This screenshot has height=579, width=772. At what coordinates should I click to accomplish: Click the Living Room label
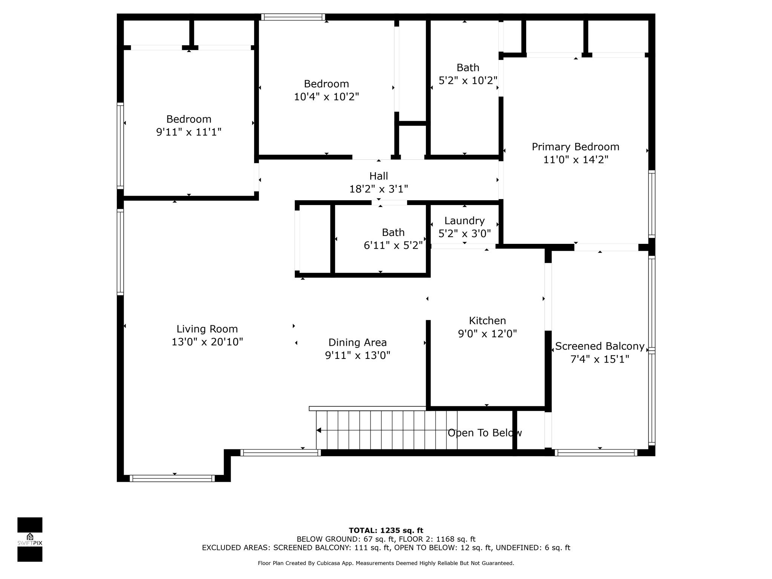[x=207, y=329]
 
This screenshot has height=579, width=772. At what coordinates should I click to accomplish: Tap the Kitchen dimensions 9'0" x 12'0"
[x=487, y=334]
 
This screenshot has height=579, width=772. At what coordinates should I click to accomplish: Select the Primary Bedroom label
[x=575, y=147]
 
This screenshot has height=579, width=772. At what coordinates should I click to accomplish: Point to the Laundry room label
[x=464, y=221]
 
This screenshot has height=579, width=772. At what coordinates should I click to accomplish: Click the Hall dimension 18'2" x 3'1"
[x=378, y=189]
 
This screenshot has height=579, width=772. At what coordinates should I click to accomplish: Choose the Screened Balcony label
[x=599, y=346]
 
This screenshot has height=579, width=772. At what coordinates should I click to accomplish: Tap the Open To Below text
[x=484, y=433]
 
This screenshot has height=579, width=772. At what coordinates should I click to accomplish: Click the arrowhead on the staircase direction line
[x=319, y=430]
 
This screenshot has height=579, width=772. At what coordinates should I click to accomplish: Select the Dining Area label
[x=357, y=343]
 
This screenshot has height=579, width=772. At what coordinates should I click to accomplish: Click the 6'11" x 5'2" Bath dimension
[x=393, y=246]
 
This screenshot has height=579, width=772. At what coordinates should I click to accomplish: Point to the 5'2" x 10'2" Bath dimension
[x=468, y=81]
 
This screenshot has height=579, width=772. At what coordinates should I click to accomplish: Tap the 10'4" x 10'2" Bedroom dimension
[x=326, y=97]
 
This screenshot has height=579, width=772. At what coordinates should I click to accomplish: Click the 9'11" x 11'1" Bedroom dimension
[x=188, y=132]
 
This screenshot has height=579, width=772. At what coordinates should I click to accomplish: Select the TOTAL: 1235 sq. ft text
[x=386, y=530]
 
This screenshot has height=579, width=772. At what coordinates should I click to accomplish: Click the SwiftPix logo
[x=30, y=539]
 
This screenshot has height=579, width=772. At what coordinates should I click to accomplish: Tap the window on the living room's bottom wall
[x=172, y=478]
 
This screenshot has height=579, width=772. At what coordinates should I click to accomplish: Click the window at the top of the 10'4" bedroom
[x=293, y=17]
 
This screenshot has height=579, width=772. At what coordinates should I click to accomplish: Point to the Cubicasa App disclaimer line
[x=386, y=563]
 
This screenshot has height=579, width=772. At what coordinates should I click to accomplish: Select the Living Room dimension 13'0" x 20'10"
[x=207, y=342]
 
